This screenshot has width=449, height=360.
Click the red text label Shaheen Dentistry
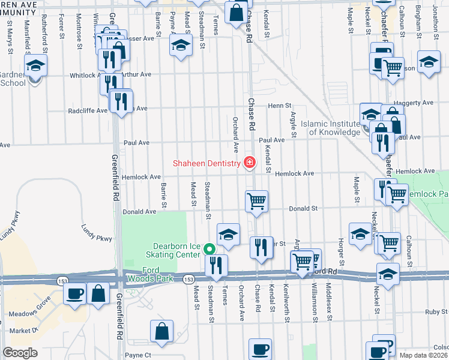click(x=206, y=163)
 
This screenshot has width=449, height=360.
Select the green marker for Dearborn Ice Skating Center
click(x=209, y=248)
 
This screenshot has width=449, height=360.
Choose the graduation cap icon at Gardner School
click(x=35, y=65)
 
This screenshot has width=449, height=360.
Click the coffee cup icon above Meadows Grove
click(x=75, y=293)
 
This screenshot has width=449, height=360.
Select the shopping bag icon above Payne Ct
click(x=162, y=331)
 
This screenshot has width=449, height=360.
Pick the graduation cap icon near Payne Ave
click(x=180, y=45)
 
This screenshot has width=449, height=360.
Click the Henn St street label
click(x=279, y=106)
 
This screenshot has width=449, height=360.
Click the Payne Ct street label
click(x=137, y=355)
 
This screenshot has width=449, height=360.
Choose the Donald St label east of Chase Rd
click(x=304, y=208)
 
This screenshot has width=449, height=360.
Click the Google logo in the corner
click(x=20, y=353)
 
